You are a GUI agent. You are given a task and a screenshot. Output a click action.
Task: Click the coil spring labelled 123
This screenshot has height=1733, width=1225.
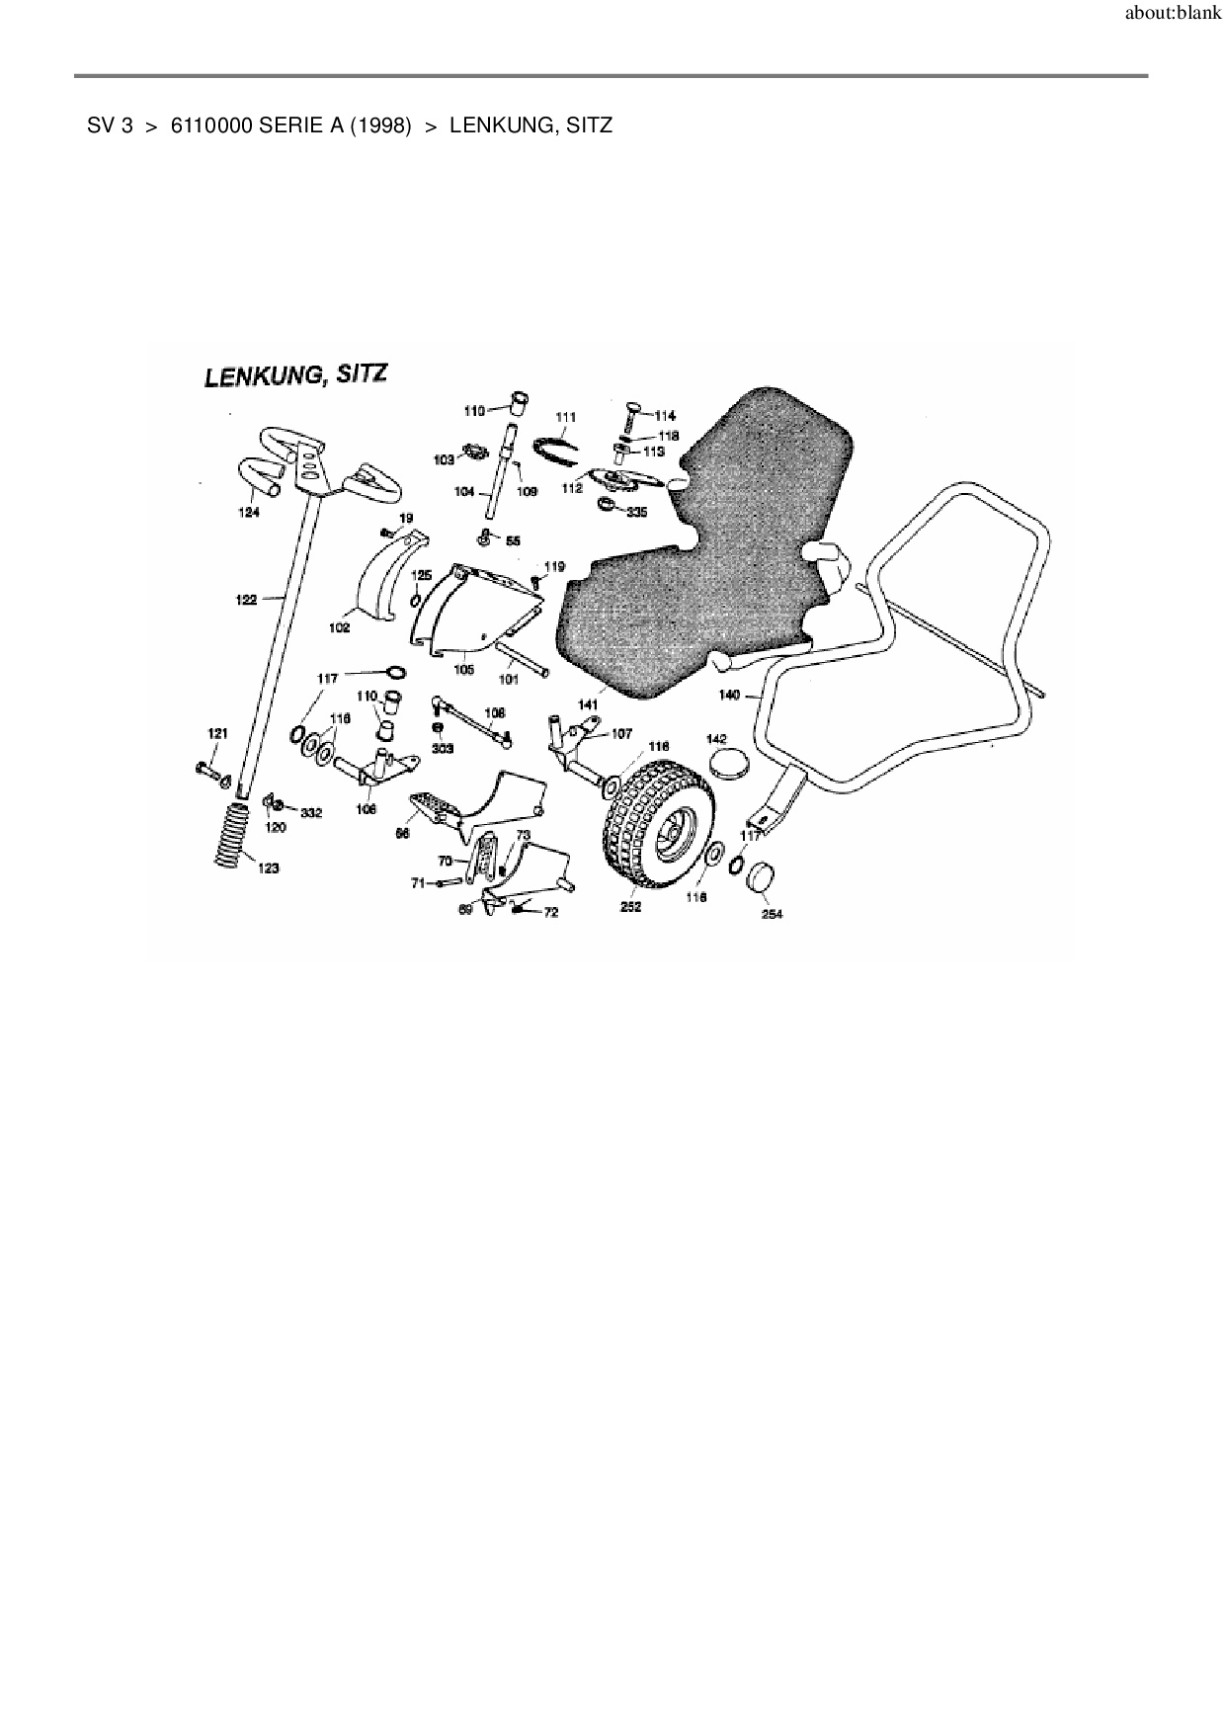point(233,834)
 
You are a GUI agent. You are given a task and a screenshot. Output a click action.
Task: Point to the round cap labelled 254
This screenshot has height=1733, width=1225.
point(764,877)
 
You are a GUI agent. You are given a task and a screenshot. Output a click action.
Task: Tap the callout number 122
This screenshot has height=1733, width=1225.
point(246,599)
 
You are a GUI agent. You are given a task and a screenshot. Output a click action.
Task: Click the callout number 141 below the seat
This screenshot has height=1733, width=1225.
point(589,704)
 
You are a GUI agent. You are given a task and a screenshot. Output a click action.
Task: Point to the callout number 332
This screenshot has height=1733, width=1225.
point(311,812)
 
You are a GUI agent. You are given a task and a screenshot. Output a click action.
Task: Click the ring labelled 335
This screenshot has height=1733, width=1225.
point(606,508)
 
